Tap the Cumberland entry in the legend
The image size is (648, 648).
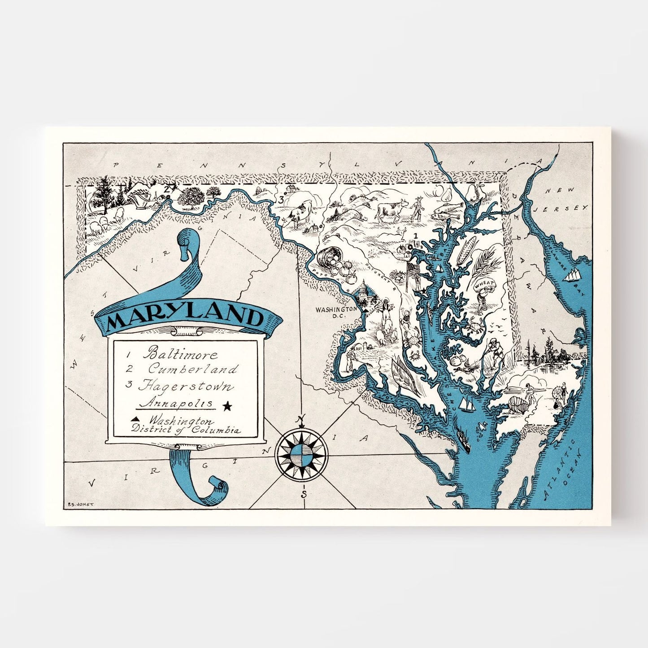click(x=193, y=369)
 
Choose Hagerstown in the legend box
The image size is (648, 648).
click(x=186, y=386)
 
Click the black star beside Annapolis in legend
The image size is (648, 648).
click(x=227, y=406)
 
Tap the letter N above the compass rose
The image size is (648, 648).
click(x=301, y=419)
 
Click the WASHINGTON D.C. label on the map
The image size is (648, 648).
click(x=336, y=313)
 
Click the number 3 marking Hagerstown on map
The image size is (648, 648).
click(x=281, y=200)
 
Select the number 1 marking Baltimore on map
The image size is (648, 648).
click(x=415, y=235)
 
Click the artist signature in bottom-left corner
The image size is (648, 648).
click(x=80, y=504)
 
